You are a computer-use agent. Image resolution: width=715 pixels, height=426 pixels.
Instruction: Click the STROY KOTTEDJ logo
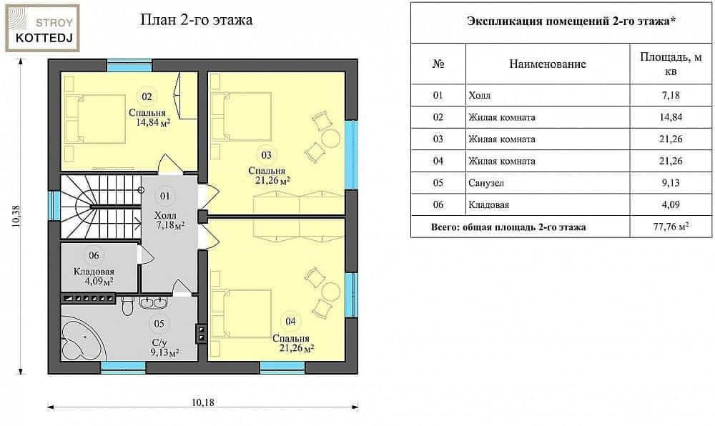[x=42, y=29]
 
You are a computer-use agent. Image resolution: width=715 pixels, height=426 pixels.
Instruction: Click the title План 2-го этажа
[x=196, y=20]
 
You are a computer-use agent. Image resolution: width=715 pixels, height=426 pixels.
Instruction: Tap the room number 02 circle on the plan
[x=147, y=96]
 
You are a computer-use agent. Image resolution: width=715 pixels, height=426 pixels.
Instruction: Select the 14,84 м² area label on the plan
[x=154, y=122]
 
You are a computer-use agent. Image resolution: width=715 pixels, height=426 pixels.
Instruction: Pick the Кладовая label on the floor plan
[x=94, y=272]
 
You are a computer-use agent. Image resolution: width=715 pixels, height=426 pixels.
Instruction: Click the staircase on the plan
[x=101, y=207]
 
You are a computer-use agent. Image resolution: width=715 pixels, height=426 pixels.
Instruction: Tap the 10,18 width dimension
[x=203, y=402]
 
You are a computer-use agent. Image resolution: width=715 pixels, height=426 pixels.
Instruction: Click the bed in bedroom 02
[x=95, y=119]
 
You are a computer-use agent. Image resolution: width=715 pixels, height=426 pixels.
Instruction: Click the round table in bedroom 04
[x=330, y=290]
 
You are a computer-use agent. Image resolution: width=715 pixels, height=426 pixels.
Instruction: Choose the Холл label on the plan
[x=165, y=215]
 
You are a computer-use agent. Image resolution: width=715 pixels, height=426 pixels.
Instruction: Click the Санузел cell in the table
[x=486, y=183]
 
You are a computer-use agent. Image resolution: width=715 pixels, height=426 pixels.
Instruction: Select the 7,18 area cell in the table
[x=671, y=95]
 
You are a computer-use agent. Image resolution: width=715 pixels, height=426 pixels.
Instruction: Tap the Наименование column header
[x=547, y=64]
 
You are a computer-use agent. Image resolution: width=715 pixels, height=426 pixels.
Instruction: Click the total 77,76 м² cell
[x=671, y=227]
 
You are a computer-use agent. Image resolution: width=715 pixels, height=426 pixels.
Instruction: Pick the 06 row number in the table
[x=438, y=204]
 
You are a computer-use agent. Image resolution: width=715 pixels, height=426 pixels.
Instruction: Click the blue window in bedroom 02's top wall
[x=129, y=65]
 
